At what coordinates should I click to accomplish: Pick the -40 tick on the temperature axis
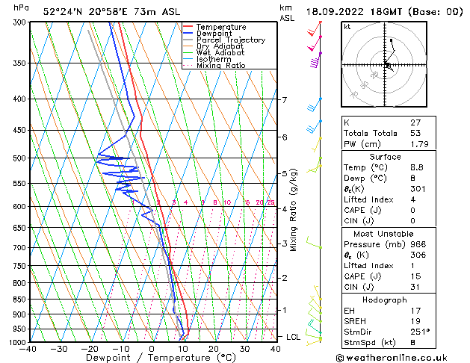coord(28,349)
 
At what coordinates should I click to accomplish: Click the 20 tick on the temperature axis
coord(213,349)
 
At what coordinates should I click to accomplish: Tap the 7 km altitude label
coord(284,100)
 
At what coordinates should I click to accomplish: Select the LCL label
coord(293,338)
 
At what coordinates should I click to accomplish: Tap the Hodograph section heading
coord(384,300)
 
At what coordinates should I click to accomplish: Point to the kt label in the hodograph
coord(347,26)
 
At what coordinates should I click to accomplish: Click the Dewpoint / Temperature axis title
coord(152,359)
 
